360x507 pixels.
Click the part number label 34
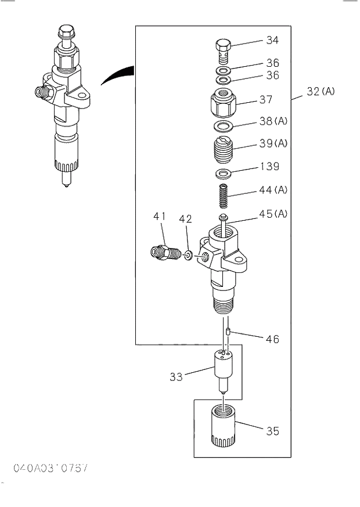(272, 41)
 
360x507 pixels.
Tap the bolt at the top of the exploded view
(224, 51)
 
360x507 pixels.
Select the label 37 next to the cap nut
(266, 100)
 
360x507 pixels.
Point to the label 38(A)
(273, 121)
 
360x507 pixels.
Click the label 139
(269, 167)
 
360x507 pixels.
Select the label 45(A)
(273, 214)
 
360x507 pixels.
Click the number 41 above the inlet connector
(160, 217)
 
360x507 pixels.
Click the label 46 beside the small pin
(272, 339)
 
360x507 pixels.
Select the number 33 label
(176, 377)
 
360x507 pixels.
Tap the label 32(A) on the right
(321, 91)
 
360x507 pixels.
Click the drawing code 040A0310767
(51, 468)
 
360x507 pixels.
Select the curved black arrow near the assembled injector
(118, 76)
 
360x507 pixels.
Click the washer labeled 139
(223, 174)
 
